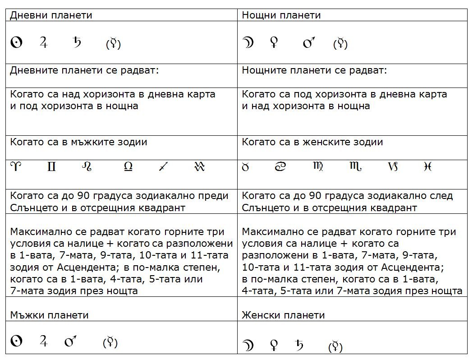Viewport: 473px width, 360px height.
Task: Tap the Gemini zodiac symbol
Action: [x=51, y=167]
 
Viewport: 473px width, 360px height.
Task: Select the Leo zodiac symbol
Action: [x=87, y=167]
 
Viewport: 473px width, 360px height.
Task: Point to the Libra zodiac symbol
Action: [x=128, y=167]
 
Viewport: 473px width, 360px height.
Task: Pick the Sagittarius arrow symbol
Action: [x=163, y=167]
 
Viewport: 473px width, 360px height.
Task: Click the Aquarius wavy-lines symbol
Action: [x=199, y=167]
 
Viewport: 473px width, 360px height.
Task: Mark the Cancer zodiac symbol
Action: [x=281, y=167]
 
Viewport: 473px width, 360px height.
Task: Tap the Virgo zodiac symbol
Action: [x=318, y=167]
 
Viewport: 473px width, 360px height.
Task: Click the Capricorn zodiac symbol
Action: [x=392, y=167]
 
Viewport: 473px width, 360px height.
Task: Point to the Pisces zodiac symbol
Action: [x=428, y=167]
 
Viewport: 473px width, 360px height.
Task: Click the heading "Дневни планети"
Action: [x=51, y=15]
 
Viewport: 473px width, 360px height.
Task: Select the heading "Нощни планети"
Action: [x=281, y=15]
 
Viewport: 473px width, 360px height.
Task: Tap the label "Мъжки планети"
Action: [x=49, y=315]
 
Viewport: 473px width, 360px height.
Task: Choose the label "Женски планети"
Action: [x=283, y=315]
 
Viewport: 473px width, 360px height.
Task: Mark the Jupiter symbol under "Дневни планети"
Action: [x=44, y=42]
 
